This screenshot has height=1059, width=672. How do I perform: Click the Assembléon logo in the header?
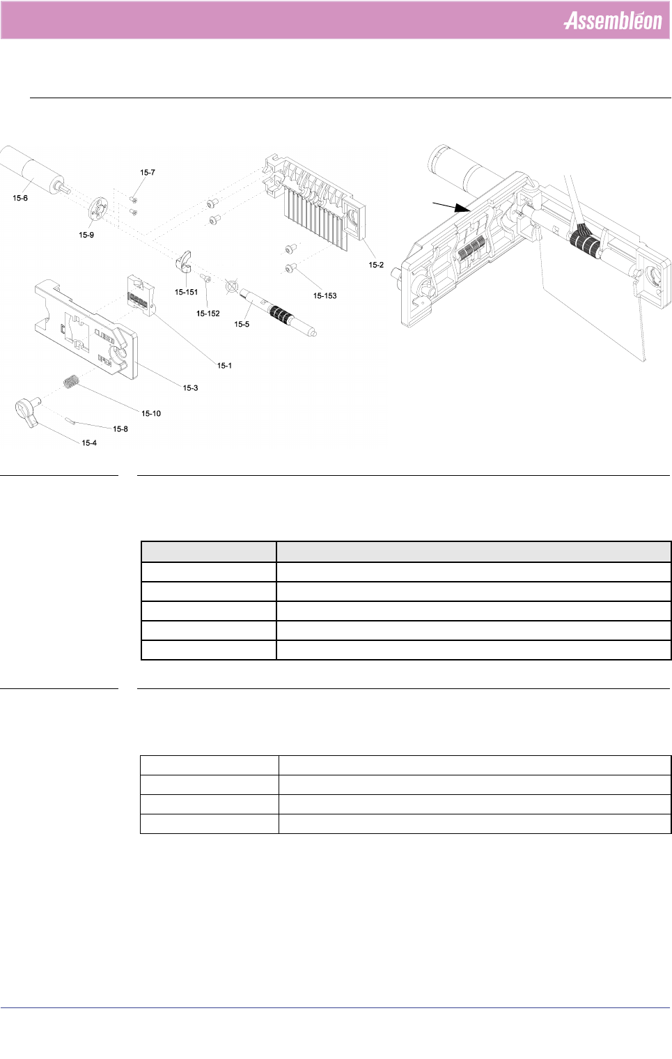click(612, 21)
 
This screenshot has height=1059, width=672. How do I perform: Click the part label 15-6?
click(20, 198)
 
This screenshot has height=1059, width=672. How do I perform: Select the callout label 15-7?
click(148, 173)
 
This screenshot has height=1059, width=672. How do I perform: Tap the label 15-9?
click(86, 235)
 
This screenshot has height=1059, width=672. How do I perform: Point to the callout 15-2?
click(376, 265)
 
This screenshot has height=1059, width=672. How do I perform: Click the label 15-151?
click(186, 293)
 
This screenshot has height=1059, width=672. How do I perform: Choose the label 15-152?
click(208, 314)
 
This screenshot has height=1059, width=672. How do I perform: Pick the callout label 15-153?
click(325, 296)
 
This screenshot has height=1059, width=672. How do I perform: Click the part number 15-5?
click(242, 325)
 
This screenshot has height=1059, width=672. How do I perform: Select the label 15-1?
click(224, 366)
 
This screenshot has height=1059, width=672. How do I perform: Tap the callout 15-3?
click(190, 388)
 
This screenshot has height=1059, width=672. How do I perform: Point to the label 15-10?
click(151, 414)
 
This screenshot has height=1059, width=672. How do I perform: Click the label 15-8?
click(120, 429)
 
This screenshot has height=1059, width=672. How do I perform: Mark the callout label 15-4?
click(89, 443)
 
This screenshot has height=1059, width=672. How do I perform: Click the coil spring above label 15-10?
click(70, 382)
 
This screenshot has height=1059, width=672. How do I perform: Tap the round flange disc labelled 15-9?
click(98, 208)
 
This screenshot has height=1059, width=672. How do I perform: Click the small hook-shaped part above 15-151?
click(185, 263)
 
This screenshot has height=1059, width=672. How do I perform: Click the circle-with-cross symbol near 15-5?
click(232, 286)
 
